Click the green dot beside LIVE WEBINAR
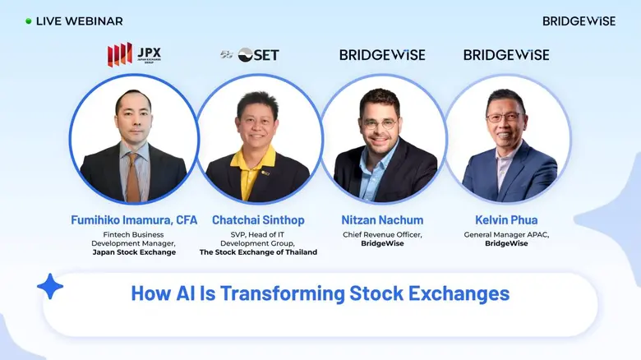pos(29,21)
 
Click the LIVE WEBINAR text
pos(79,21)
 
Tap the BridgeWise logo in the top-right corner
pos(579,21)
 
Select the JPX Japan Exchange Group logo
pos(134,55)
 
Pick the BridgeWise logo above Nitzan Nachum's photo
pos(382,55)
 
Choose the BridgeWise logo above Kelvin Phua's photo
pos(506,55)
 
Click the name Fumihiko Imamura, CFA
pos(133,219)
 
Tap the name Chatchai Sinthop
pos(257,219)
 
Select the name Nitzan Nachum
pos(382,219)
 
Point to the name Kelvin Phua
pos(506,219)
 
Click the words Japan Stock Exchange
pos(133,252)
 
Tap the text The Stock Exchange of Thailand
pos(257,252)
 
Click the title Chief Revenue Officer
pos(382,235)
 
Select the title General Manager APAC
pos(506,235)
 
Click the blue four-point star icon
pos(50,287)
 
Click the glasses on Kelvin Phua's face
pos(505,118)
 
